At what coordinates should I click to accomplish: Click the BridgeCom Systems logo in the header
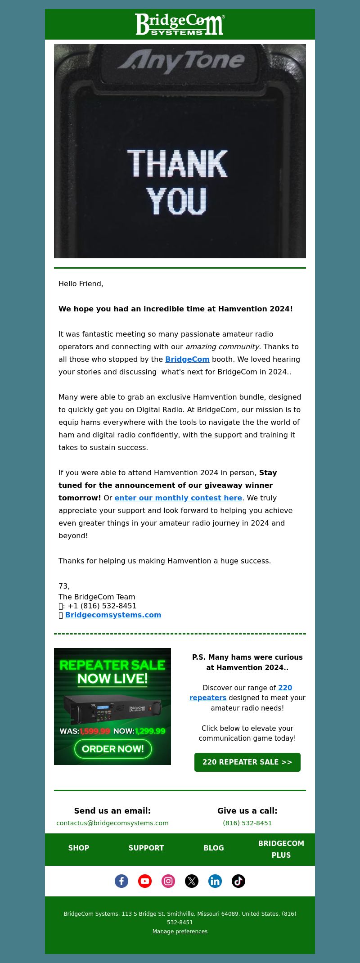click(180, 24)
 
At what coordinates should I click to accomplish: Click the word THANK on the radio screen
click(178, 163)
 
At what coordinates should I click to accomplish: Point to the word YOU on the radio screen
click(177, 201)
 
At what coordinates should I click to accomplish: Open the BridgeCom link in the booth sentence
click(187, 359)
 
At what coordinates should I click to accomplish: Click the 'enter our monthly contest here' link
click(178, 498)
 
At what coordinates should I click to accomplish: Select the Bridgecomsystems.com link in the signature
click(113, 615)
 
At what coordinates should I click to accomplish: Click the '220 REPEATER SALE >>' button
click(247, 762)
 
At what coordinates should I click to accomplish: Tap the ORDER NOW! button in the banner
click(113, 749)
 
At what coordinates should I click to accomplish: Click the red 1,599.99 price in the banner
click(94, 731)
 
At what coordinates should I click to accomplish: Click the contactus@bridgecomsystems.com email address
click(112, 823)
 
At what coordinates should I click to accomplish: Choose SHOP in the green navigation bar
click(79, 848)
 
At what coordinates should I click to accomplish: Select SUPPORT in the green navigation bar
click(146, 848)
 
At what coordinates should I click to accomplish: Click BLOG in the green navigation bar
click(214, 848)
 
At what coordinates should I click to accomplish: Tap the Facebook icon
click(121, 881)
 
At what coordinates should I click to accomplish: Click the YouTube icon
click(145, 881)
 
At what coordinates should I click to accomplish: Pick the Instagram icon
click(168, 881)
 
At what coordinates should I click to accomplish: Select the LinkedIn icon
click(215, 881)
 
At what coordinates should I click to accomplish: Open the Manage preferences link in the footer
click(180, 931)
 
